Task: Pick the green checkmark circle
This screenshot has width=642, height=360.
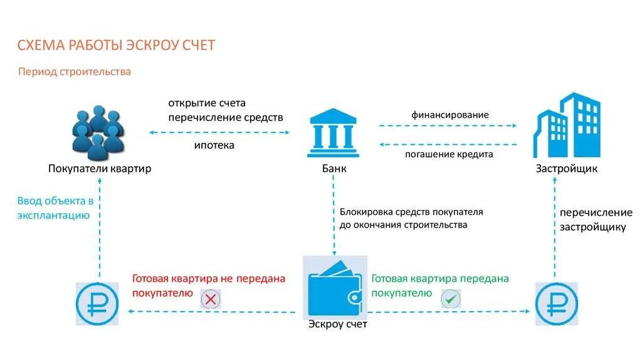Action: click(x=450, y=299)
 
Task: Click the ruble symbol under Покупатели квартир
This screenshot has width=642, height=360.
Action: click(x=97, y=304)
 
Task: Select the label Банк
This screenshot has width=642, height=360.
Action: click(x=334, y=169)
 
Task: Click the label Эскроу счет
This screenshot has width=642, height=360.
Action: click(x=338, y=324)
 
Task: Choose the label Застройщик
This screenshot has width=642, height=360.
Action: click(x=566, y=169)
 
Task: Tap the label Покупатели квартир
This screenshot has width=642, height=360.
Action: click(x=100, y=169)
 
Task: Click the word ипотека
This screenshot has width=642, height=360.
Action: click(x=213, y=146)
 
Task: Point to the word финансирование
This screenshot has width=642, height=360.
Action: click(x=450, y=115)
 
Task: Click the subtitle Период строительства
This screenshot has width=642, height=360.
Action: click(x=74, y=72)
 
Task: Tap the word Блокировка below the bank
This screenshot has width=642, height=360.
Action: click(x=367, y=213)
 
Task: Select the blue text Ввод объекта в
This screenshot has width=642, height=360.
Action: click(x=55, y=201)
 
